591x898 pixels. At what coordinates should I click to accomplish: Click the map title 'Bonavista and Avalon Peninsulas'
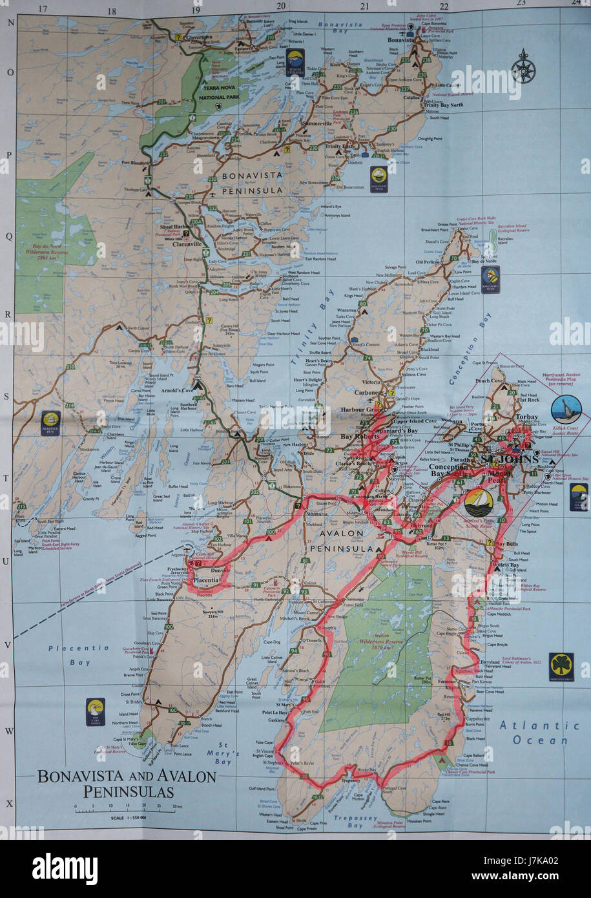tap(127, 783)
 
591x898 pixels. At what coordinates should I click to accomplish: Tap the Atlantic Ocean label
tap(540, 733)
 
